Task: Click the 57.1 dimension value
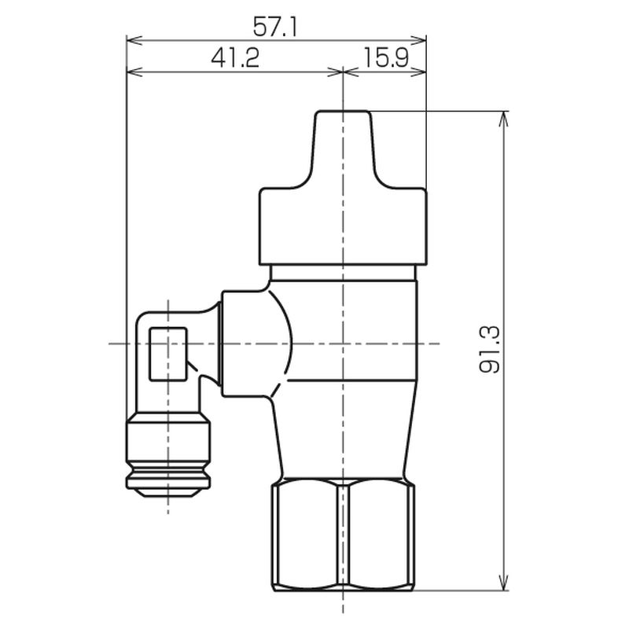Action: (x=275, y=28)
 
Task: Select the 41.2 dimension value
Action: (x=235, y=57)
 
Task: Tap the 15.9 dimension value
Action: (x=386, y=57)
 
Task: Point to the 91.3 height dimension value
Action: (x=490, y=349)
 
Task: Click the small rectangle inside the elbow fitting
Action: (x=168, y=354)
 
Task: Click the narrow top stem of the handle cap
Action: (x=343, y=149)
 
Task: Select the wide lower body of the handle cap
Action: (x=343, y=226)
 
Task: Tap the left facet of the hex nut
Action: (x=304, y=536)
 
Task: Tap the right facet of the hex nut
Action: (x=381, y=536)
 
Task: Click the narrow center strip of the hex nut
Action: (x=343, y=536)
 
